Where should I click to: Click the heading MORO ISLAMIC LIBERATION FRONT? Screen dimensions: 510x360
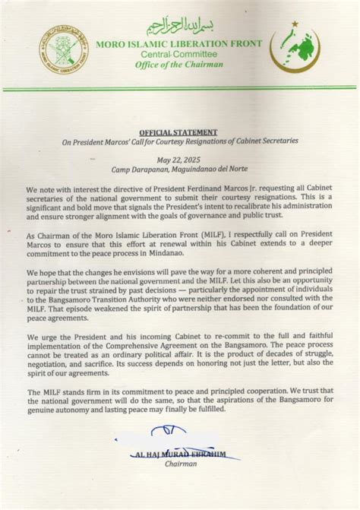[179, 44]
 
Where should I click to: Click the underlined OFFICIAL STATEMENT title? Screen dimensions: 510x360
[179, 131]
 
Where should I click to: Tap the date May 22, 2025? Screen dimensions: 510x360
[179, 160]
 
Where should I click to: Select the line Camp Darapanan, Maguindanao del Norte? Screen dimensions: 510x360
[179, 170]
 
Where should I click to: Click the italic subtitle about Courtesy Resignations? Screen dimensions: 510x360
[179, 141]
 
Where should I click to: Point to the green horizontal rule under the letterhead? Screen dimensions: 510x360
[179, 90]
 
